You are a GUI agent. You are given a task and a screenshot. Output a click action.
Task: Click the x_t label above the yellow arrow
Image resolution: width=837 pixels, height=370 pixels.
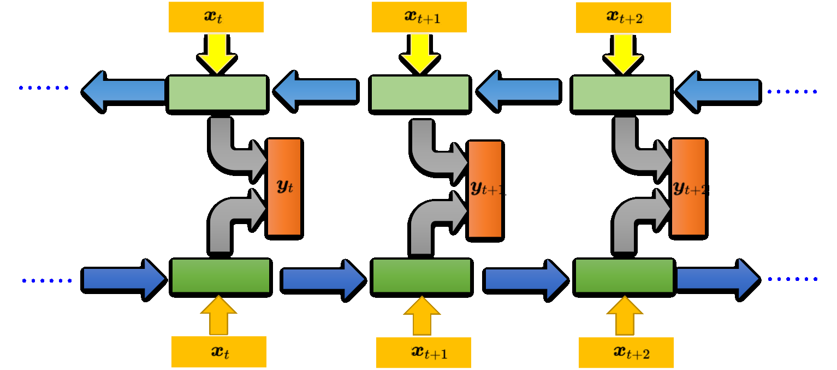point(216,17)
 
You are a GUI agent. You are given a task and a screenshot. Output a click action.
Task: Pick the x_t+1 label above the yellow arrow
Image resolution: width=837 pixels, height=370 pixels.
point(419,17)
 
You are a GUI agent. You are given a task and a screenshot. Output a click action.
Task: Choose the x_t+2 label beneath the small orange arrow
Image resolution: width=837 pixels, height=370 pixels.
point(626,352)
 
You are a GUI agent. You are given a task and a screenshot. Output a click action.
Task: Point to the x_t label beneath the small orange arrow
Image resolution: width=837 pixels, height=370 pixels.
point(219,351)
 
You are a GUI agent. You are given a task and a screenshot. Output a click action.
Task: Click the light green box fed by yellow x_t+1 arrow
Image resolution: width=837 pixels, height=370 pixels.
point(419,93)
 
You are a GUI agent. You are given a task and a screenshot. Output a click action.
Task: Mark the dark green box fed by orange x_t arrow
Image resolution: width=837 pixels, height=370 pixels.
point(221,277)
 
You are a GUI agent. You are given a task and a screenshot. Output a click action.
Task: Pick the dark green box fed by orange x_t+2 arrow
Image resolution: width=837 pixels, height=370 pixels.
point(625,277)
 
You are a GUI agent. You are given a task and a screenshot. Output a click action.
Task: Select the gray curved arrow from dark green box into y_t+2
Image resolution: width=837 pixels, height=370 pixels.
point(633,219)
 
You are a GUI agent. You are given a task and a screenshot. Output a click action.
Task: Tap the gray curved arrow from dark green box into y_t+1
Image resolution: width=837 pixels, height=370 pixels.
point(431,219)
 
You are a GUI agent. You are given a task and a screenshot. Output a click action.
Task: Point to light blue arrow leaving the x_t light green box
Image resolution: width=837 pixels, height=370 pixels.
point(123,91)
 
